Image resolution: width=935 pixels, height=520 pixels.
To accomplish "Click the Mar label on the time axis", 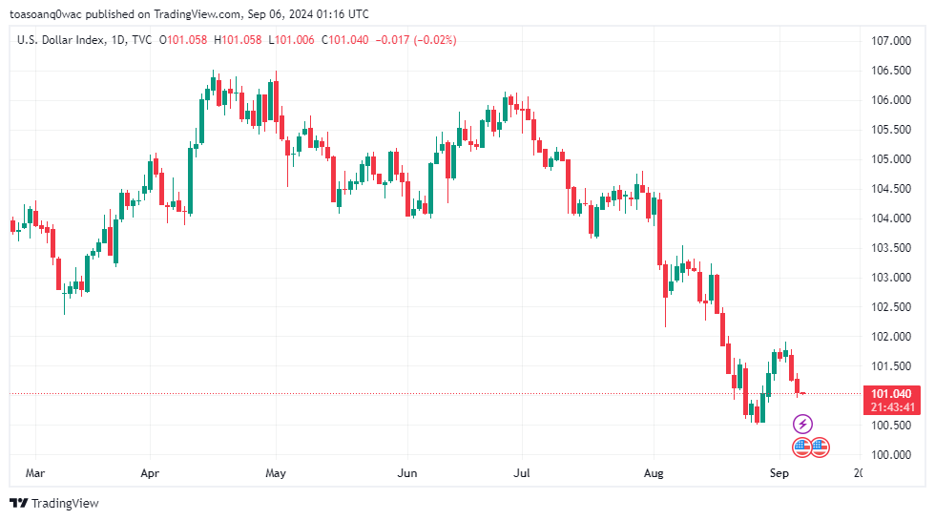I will (35, 472).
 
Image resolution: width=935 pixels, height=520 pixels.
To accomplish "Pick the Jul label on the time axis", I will (522, 472).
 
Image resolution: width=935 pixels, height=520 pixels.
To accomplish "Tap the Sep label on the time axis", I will (779, 472).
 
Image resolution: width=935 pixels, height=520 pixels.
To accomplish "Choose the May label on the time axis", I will (276, 472).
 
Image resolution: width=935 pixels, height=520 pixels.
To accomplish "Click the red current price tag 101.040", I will (891, 394).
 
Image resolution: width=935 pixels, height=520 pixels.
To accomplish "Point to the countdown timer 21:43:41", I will (891, 407).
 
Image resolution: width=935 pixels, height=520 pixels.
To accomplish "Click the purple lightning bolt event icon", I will (803, 424).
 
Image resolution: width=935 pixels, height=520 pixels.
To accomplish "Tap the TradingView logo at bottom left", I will (54, 503).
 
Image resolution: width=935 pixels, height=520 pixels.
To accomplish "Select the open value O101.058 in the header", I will (183, 40).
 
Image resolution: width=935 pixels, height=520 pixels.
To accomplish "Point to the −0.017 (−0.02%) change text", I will (417, 40).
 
